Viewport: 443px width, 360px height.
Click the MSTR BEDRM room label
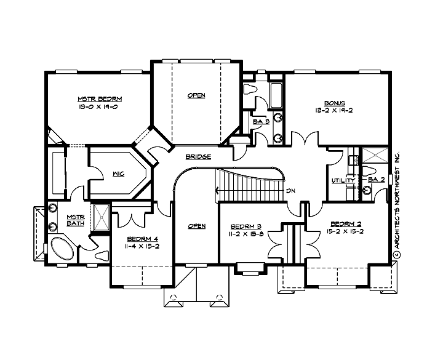(100, 99)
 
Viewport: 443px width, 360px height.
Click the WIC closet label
(119, 174)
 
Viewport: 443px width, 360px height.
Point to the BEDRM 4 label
(143, 239)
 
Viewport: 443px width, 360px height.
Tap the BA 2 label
(377, 180)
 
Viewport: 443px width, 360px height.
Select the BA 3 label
(261, 122)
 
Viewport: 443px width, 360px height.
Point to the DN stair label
(291, 191)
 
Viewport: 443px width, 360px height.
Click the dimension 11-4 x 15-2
(142, 247)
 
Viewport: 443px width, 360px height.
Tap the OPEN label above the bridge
(196, 95)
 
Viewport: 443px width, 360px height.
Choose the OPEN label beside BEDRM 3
(196, 226)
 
